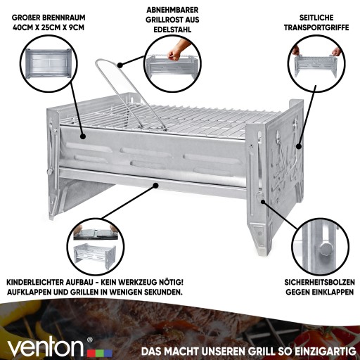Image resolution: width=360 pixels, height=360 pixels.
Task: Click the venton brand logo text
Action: coord(45,347)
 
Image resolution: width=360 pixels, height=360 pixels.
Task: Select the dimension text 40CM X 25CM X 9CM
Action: coord(49,27)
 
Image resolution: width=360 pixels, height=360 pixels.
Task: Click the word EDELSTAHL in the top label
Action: coord(172,30)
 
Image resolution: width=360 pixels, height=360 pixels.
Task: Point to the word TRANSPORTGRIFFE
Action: coord(316,27)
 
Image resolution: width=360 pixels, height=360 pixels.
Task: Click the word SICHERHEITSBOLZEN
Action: coord(319,282)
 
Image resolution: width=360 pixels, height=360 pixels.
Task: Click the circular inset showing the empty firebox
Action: coord(49,63)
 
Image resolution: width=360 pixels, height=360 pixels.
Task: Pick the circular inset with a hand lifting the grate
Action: coord(173,64)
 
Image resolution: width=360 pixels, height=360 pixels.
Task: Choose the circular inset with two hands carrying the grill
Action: coord(316,63)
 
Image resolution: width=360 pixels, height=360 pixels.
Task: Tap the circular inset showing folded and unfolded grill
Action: coord(96,247)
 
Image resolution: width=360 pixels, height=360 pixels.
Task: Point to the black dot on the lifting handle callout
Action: coord(120,65)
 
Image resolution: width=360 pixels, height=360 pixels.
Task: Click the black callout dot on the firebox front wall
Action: coord(82,136)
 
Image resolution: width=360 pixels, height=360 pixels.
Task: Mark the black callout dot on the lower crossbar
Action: coord(155,186)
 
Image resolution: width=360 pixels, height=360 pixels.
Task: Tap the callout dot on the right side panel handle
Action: coord(298,146)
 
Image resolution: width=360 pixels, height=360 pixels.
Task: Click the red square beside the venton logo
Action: coord(91,353)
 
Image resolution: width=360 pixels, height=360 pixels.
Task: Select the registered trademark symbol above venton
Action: coord(89,340)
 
